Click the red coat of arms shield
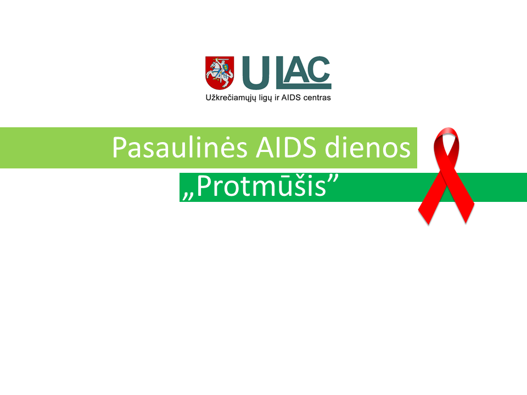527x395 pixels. point(220,72)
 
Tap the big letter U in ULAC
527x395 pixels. point(256,73)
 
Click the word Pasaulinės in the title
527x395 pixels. point(180,147)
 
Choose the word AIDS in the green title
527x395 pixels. point(286,147)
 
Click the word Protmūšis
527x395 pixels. point(261,186)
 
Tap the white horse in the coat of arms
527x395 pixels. point(218,75)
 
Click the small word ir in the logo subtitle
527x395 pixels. point(277,98)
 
